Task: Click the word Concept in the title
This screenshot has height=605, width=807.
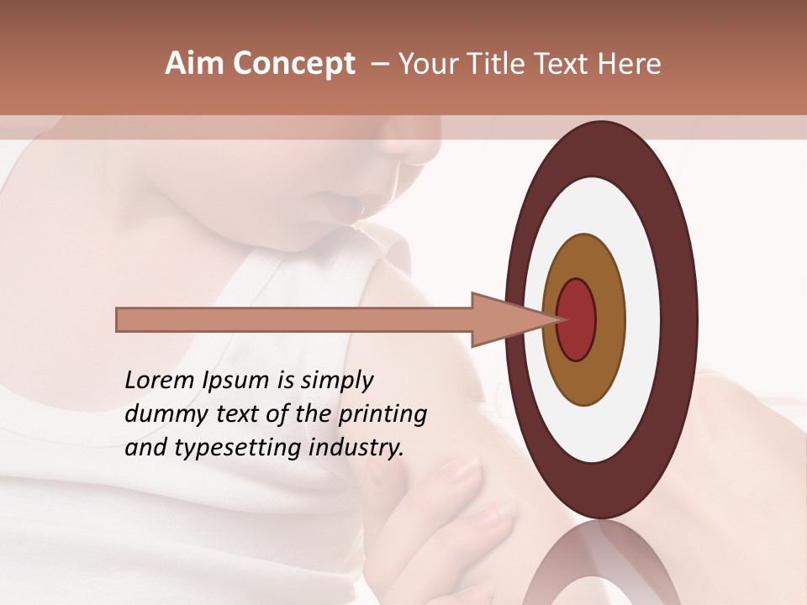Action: [294, 64]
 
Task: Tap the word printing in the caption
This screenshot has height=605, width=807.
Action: [382, 415]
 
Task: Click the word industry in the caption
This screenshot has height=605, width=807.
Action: [356, 448]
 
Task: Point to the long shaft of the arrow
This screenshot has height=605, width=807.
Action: [294, 319]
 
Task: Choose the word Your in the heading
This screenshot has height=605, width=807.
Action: [427, 64]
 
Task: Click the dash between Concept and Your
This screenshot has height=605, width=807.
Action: [379, 64]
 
